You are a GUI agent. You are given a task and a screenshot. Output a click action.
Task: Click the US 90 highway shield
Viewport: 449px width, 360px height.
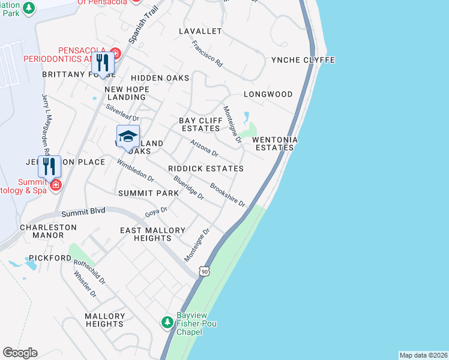click(206, 272)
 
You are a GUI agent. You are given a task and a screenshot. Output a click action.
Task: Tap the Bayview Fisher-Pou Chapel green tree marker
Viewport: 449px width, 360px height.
click(167, 323)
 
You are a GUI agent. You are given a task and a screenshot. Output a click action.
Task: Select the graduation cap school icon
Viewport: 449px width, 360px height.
click(128, 137)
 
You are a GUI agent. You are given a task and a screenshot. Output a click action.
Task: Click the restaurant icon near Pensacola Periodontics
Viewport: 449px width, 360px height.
click(103, 64)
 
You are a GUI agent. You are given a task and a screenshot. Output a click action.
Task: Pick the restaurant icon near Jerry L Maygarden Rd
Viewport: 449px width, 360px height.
click(49, 166)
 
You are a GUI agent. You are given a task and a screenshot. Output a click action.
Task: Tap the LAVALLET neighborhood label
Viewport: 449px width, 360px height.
click(200, 31)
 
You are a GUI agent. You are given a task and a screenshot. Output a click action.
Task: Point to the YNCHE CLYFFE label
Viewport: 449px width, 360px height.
click(303, 60)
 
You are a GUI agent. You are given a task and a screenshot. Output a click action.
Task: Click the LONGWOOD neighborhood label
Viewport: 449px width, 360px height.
click(268, 94)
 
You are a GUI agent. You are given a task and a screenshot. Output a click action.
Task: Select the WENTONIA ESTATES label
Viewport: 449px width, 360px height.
click(275, 143)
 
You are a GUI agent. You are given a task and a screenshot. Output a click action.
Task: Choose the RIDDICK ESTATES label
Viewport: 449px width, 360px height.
click(206, 169)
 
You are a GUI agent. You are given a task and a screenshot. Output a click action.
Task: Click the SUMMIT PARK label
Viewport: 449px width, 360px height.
click(148, 193)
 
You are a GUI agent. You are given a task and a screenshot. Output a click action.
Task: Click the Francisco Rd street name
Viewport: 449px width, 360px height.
click(207, 53)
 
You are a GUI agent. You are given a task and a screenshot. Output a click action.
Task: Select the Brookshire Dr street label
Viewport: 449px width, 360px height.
click(228, 194)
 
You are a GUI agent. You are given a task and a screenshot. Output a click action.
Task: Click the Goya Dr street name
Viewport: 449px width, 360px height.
click(156, 212)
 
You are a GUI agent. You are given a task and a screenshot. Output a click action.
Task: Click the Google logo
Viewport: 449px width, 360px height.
click(20, 353)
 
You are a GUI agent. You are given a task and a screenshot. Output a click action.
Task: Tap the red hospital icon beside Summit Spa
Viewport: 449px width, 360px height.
click(56, 185)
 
